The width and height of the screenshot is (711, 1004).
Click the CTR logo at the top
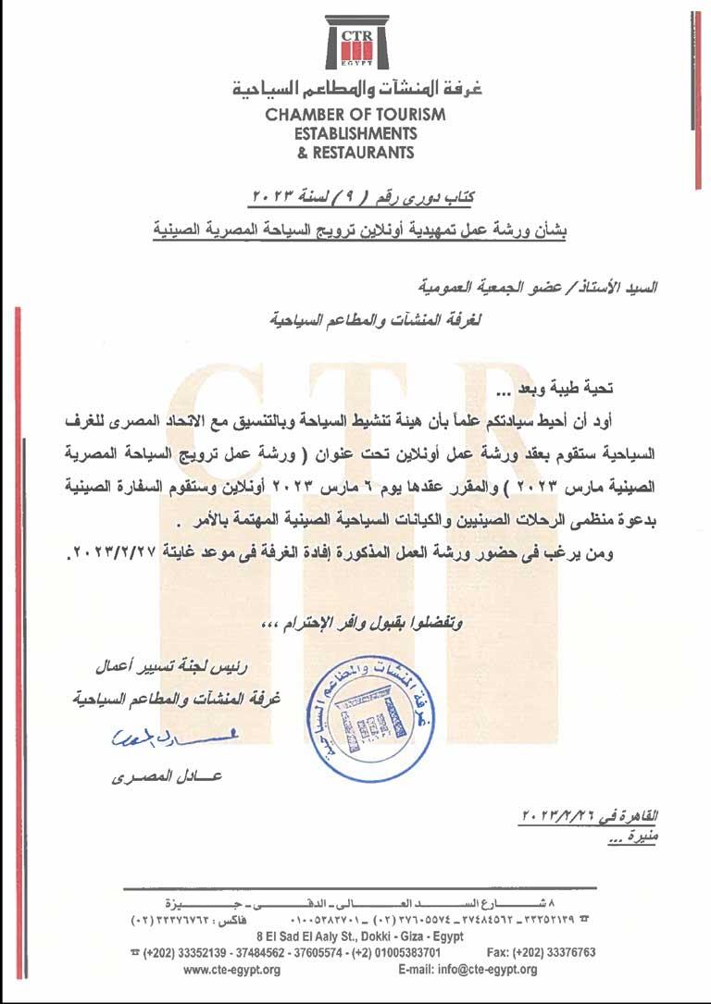point(355,43)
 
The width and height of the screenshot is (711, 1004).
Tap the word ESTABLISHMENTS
point(355,133)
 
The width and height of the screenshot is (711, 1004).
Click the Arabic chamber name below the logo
point(355,91)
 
